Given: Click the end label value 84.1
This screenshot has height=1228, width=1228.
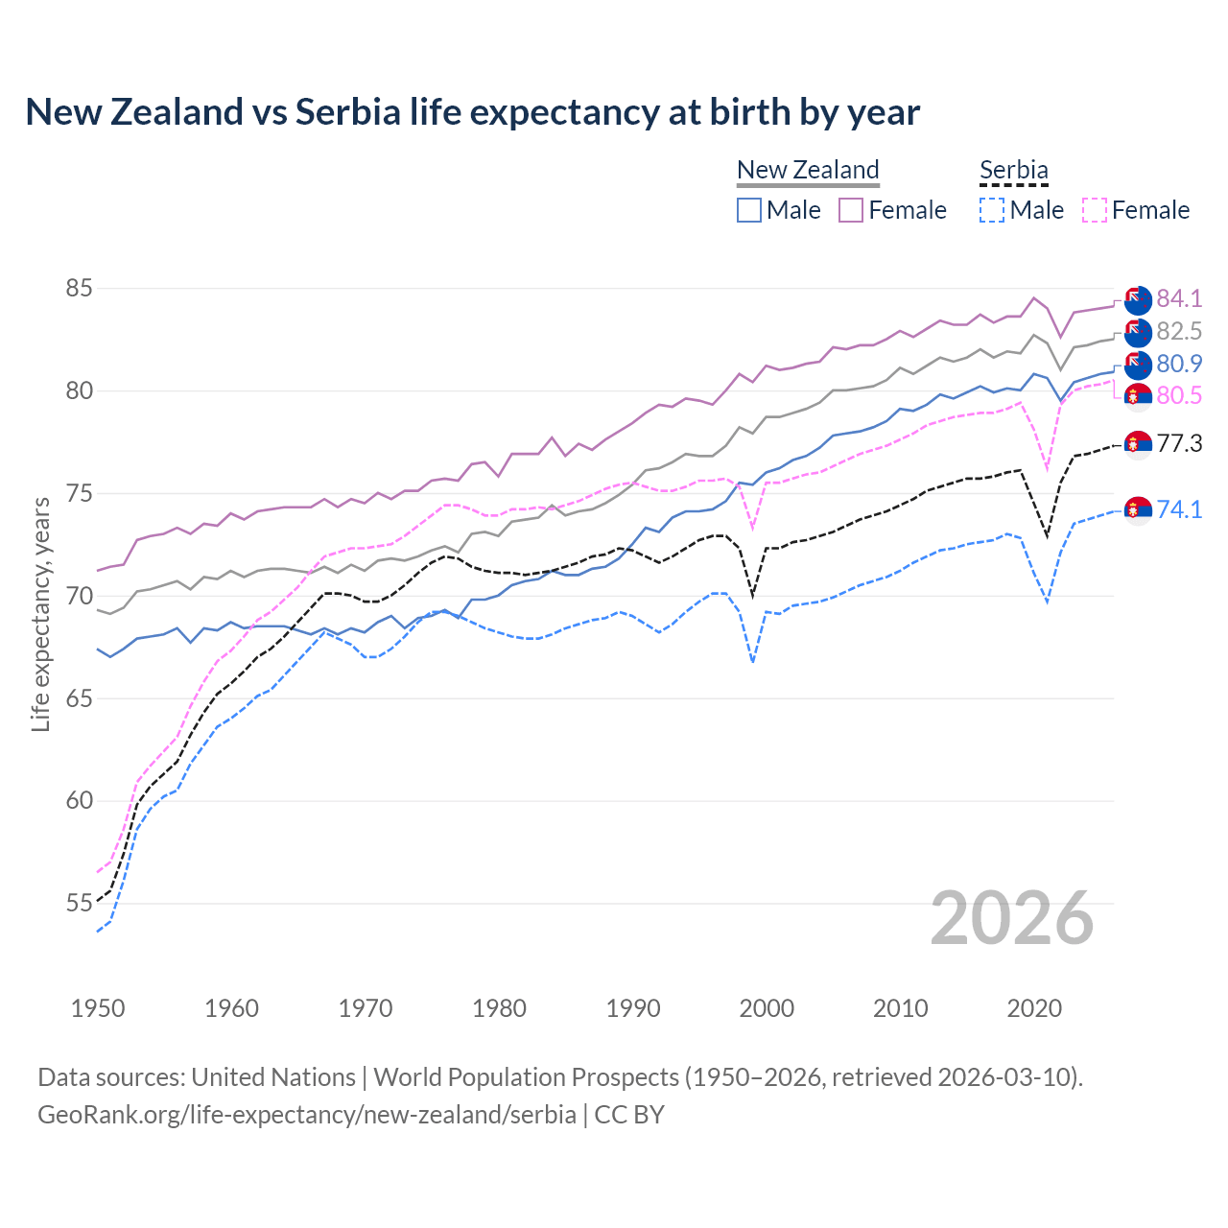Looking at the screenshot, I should click(x=1179, y=298).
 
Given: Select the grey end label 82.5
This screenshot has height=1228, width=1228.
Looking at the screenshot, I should click(x=1179, y=331).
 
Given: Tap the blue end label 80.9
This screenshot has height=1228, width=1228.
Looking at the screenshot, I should click(x=1179, y=364).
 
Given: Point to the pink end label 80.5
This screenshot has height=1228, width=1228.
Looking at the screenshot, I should click(x=1179, y=395).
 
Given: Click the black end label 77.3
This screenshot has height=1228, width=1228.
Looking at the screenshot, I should click(x=1179, y=443).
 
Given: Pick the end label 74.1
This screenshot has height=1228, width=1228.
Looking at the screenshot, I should click(x=1179, y=509).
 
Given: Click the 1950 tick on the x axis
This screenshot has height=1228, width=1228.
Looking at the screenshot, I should click(x=98, y=1008).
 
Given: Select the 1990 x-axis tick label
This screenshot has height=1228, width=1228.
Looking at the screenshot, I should click(x=633, y=1008).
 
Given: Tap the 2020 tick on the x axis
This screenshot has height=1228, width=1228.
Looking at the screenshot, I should click(x=1034, y=1008).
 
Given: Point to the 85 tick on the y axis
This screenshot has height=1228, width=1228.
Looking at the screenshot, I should click(x=80, y=288).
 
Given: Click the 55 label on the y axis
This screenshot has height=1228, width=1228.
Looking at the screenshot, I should click(x=80, y=903).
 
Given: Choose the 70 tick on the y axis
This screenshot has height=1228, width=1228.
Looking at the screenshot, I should click(x=80, y=596).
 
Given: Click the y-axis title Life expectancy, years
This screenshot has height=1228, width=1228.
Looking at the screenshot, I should click(x=41, y=614).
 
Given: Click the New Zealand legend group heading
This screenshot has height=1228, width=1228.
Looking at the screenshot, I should click(x=808, y=170).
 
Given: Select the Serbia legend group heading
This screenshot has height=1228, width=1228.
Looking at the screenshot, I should click(x=1014, y=170).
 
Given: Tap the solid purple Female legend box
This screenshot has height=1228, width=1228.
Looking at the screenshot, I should click(x=851, y=210).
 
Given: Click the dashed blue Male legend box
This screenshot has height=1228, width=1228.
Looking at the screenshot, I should click(x=992, y=210).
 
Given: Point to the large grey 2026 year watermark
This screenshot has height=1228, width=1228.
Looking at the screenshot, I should click(x=1012, y=918).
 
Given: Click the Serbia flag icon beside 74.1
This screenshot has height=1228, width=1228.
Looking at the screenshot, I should click(x=1138, y=509).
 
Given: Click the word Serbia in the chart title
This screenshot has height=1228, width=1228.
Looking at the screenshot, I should click(x=347, y=112).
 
